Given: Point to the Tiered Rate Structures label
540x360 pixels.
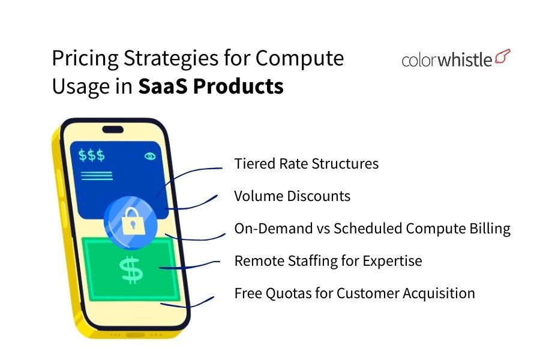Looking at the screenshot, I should pyautogui.click(x=306, y=163).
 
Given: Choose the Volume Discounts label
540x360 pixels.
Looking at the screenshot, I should pyautogui.click(x=292, y=196).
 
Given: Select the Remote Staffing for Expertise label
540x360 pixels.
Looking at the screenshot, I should pyautogui.click(x=328, y=261).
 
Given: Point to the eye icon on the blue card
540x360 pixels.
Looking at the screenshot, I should pyautogui.click(x=149, y=156).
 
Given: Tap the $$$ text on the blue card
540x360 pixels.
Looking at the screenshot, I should pyautogui.click(x=92, y=155).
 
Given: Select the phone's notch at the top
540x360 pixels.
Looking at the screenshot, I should pyautogui.click(x=112, y=130).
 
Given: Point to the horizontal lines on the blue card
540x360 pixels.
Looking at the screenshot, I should pyautogui.click(x=96, y=175).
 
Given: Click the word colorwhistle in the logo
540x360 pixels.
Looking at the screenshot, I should pyautogui.click(x=446, y=59).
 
